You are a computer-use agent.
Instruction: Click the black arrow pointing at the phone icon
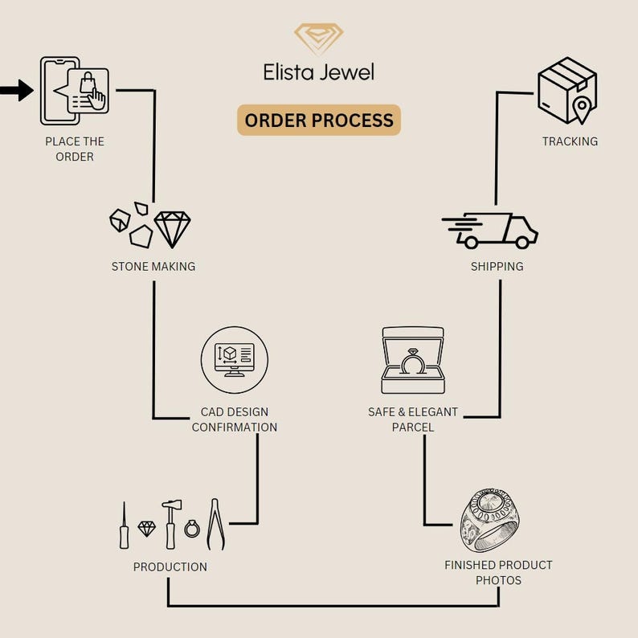tap(16, 90)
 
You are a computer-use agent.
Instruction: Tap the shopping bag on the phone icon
tap(87, 83)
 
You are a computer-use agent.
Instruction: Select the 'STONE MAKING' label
tap(153, 267)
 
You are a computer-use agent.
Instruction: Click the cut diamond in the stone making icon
tap(172, 229)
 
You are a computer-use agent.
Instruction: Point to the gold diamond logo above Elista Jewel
tap(319, 38)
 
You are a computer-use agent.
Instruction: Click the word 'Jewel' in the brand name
tap(346, 72)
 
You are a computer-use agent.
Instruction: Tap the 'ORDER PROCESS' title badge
tap(319, 120)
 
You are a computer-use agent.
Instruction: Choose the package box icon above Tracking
tap(567, 90)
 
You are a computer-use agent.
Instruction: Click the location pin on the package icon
tap(582, 108)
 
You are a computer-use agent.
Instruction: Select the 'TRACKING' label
tap(570, 141)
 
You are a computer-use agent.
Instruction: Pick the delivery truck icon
tap(490, 231)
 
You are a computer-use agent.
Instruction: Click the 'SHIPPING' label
tap(497, 267)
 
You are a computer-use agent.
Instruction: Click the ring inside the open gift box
tap(413, 362)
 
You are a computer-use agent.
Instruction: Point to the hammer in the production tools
tap(171, 525)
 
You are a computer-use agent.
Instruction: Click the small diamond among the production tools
tap(146, 529)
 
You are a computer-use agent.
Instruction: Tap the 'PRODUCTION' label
tap(170, 566)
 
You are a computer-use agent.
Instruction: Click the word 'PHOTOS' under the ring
tap(498, 580)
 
